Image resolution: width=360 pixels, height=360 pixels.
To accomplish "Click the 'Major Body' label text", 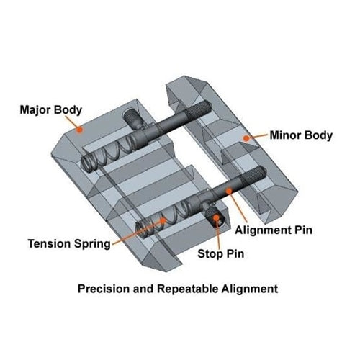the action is [x=51, y=110].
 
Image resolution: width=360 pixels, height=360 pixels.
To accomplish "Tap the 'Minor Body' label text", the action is [x=301, y=135].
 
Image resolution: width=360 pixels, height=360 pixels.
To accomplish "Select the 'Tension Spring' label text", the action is [x=69, y=244].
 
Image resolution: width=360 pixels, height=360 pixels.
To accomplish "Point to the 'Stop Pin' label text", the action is [x=221, y=253].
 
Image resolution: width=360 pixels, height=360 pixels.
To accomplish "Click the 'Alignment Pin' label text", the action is [x=274, y=230].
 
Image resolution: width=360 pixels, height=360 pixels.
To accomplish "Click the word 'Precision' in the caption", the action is [x=104, y=289].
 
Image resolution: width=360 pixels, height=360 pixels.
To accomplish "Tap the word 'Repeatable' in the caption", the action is [x=188, y=289].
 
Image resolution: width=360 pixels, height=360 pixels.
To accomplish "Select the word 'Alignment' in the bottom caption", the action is [x=250, y=289].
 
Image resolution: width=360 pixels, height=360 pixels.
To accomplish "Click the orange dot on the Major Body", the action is [x=79, y=130].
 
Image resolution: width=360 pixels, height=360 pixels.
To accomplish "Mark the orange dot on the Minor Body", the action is [x=246, y=138].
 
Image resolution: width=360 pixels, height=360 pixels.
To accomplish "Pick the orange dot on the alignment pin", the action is [x=229, y=191].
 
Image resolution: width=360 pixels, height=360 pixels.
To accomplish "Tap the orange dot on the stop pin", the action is [x=216, y=217].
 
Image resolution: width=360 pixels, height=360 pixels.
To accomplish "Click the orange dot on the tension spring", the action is [x=163, y=220].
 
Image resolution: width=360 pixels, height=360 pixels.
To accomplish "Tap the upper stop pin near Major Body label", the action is [x=132, y=118].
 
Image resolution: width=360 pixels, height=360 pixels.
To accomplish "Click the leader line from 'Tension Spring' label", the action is [x=136, y=232].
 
